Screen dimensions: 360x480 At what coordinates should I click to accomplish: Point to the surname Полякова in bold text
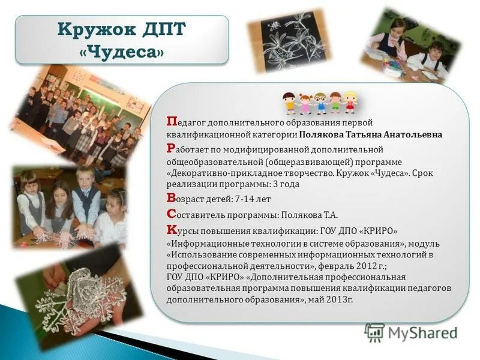(x=323, y=134)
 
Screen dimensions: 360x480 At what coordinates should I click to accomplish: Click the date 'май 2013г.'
(x=331, y=299)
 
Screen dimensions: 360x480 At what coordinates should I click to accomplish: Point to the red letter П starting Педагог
(x=171, y=122)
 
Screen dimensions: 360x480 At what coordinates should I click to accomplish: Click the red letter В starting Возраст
(x=171, y=197)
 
